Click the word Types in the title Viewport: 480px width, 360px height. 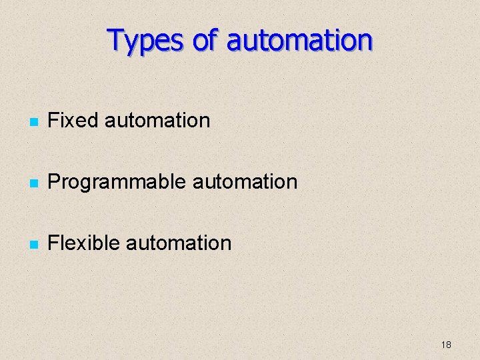145,41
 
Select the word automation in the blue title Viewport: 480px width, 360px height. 299,41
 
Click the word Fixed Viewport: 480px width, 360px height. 74,121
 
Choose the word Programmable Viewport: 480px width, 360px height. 117,181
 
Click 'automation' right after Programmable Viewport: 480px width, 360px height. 244,181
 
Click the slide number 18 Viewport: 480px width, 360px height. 446,345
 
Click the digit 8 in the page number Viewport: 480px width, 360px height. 449,345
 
